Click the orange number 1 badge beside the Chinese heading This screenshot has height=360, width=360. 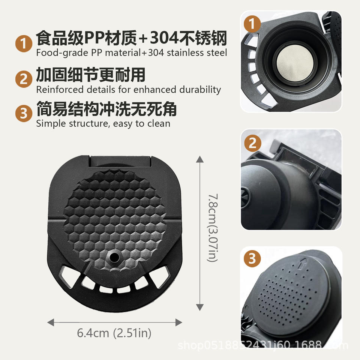(x=24, y=43)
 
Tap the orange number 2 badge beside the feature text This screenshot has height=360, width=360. (x=24, y=79)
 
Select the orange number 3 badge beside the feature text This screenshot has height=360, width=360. (x=24, y=113)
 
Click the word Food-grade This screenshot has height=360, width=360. (x=62, y=53)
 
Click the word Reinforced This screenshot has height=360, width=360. (x=60, y=90)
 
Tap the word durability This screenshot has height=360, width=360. (x=200, y=90)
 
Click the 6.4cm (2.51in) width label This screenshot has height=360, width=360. (x=114, y=333)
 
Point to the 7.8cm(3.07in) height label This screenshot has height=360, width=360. (x=213, y=228)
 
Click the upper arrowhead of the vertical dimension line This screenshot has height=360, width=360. (x=200, y=159)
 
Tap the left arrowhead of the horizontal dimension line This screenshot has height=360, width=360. (x=51, y=322)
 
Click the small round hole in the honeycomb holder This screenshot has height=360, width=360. (x=114, y=257)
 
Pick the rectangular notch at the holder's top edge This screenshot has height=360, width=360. (x=120, y=161)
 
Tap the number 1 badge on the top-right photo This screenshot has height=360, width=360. (x=252, y=24)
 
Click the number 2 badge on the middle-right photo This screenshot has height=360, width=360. (x=252, y=143)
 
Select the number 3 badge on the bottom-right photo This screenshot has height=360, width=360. (x=252, y=258)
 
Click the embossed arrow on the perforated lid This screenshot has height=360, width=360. (x=303, y=263)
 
